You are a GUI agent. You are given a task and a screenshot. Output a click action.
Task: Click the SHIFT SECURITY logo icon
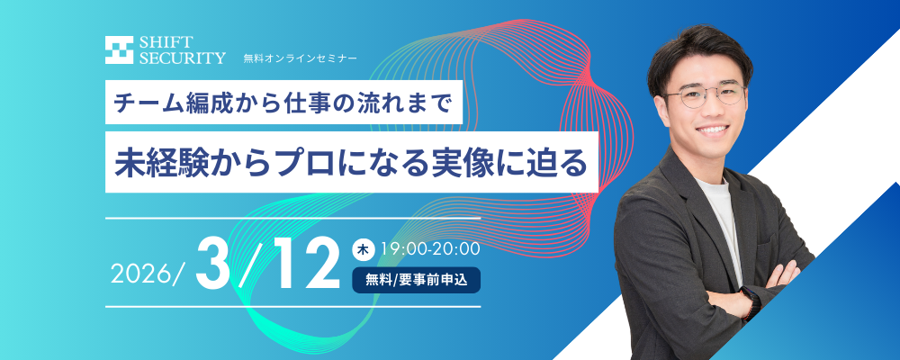120,50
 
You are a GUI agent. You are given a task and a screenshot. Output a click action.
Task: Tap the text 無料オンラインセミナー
300,58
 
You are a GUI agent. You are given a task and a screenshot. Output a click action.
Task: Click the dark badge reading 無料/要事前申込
416,279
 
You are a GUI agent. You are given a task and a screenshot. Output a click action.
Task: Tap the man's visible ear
664,106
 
